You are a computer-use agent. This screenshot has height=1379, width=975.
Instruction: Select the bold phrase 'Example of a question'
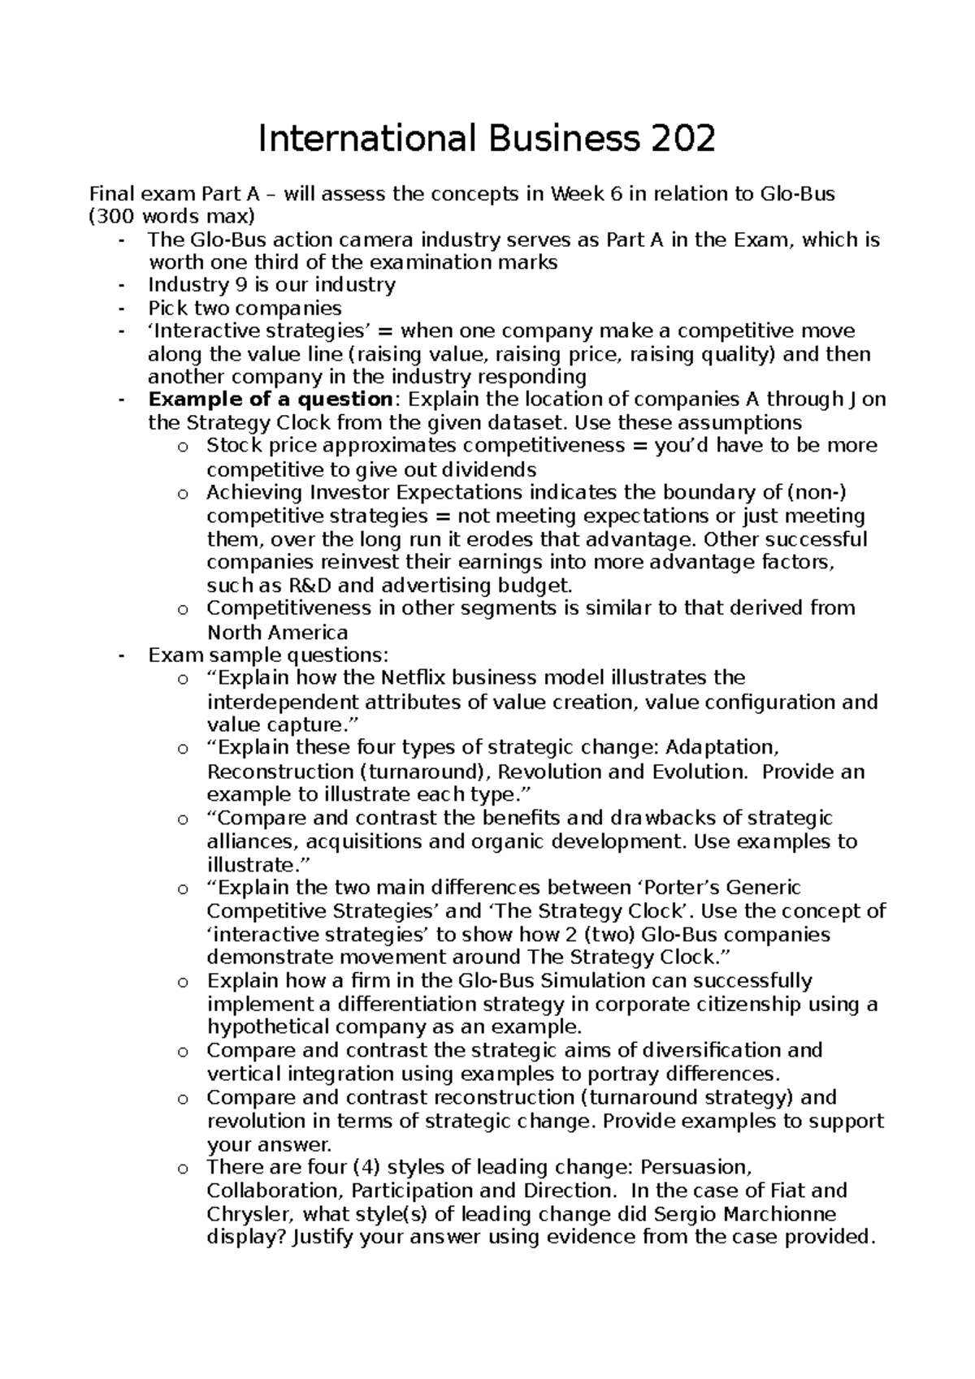pyautogui.click(x=271, y=400)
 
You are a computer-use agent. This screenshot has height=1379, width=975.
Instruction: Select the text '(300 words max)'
pyautogui.click(x=171, y=217)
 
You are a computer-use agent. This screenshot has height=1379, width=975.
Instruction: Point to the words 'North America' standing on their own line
pyautogui.click(x=277, y=633)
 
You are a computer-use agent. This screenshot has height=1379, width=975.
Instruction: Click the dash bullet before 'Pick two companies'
pyautogui.click(x=122, y=309)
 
